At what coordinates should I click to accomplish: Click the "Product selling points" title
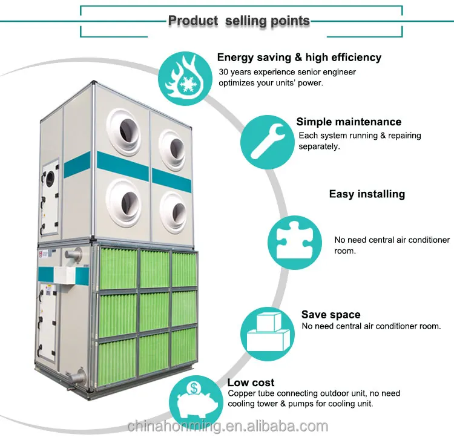(239, 21)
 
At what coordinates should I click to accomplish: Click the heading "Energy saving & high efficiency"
(299, 57)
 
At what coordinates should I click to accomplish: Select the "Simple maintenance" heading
(349, 122)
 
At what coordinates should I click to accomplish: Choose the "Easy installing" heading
(367, 194)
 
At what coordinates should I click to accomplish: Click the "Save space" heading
(331, 315)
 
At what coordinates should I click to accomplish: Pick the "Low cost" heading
(251, 383)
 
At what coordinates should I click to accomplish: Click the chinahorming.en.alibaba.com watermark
(228, 425)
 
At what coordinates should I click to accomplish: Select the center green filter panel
(154, 311)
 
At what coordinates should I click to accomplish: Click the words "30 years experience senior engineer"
(287, 72)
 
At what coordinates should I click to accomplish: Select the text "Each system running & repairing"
(360, 136)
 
